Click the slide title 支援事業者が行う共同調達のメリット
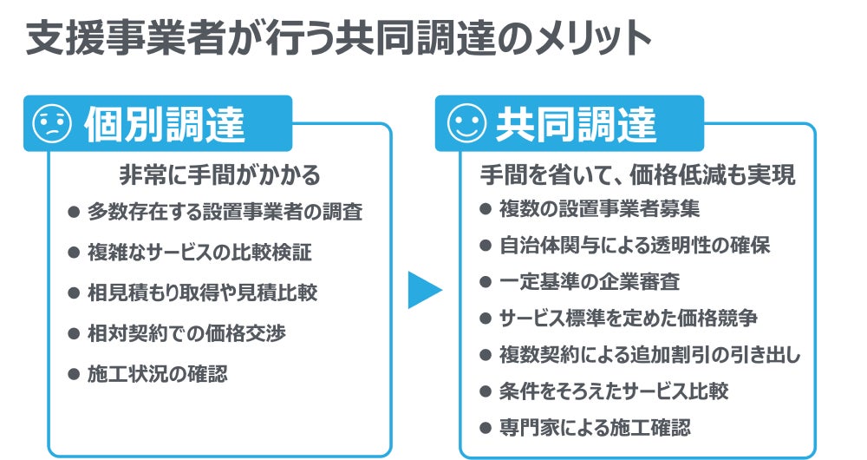click(x=338, y=38)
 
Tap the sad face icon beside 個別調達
click(x=50, y=125)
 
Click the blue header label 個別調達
click(x=164, y=125)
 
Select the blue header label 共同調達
click(x=577, y=125)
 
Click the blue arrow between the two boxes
click(x=425, y=290)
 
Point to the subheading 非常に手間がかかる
click(x=218, y=174)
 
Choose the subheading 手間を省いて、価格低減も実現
click(x=637, y=174)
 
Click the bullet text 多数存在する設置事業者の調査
click(x=225, y=211)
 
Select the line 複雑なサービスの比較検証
click(x=199, y=252)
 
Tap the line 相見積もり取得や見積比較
click(x=202, y=292)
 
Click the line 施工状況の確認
click(x=157, y=374)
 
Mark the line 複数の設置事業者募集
click(x=598, y=209)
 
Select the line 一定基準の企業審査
click(x=589, y=282)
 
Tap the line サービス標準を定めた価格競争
click(x=629, y=319)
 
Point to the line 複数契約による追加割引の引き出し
click(x=649, y=355)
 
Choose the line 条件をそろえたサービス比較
click(x=614, y=391)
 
